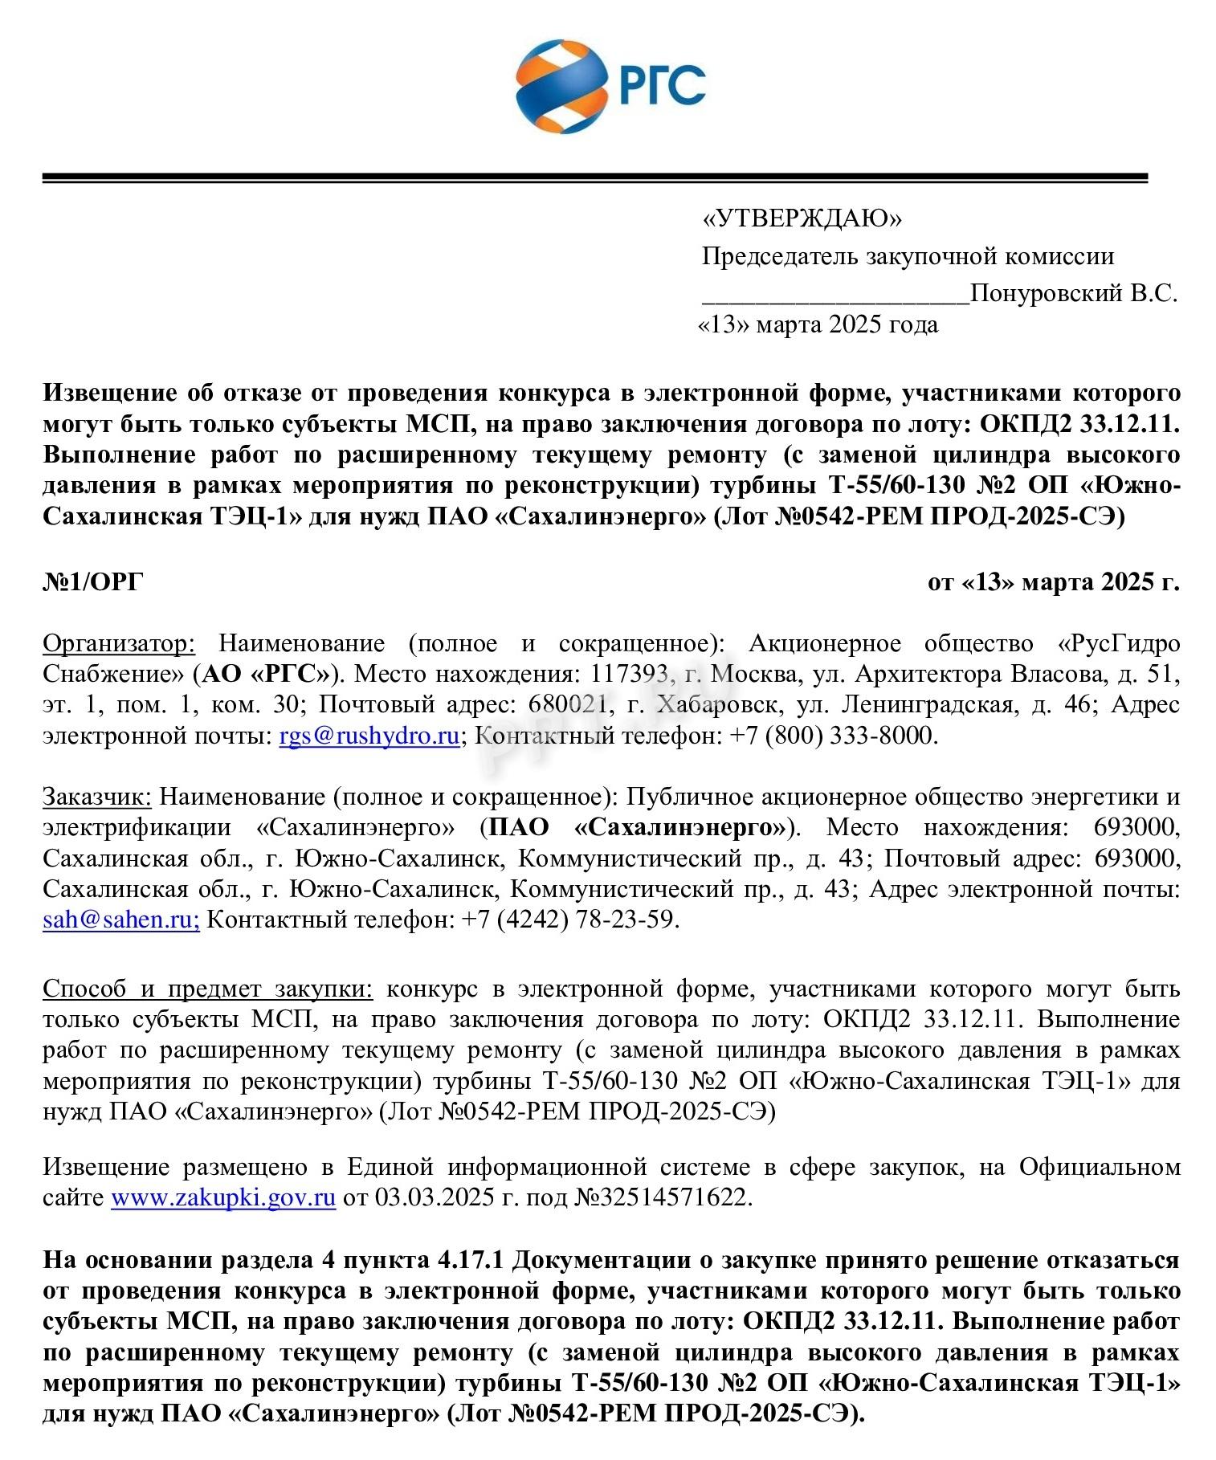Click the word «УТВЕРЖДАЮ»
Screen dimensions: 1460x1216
pos(802,218)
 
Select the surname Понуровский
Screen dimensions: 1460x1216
pos(1045,294)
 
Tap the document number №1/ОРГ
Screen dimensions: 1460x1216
pos(92,581)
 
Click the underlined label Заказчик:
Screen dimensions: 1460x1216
pos(96,797)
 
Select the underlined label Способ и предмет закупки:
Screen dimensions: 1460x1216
pos(207,989)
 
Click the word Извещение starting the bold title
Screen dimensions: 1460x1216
pos(110,394)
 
